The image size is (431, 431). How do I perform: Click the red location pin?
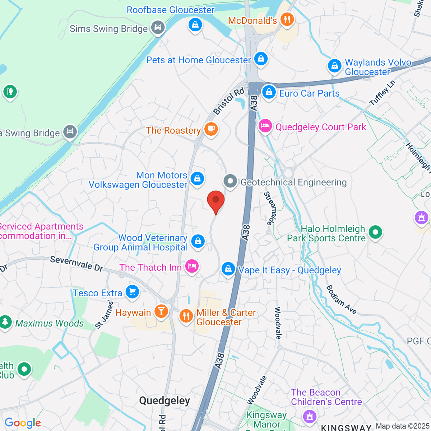coord(216,200)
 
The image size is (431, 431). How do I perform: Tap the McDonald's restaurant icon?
coord(286,19)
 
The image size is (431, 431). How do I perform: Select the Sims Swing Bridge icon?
coord(157,27)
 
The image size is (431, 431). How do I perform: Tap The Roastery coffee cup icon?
coord(211,129)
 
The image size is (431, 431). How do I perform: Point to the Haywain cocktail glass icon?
coord(161,311)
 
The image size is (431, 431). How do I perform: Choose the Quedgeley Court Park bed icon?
coord(265,126)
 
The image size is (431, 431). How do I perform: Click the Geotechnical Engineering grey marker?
coord(230,181)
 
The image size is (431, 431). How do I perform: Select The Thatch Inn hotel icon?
coord(192,266)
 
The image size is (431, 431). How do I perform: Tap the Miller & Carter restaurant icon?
coord(186,316)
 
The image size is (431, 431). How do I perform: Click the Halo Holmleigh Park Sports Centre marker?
coord(375,232)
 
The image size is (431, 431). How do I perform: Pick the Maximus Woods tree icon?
coord(5,322)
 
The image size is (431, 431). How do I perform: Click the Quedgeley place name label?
coord(164,401)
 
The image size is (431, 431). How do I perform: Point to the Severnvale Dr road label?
coord(77,264)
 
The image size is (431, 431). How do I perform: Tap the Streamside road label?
coord(271,208)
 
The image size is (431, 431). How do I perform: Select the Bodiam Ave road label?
coord(341,300)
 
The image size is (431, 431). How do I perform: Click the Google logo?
coord(23,423)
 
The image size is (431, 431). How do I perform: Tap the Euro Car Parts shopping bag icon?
coord(269,92)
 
